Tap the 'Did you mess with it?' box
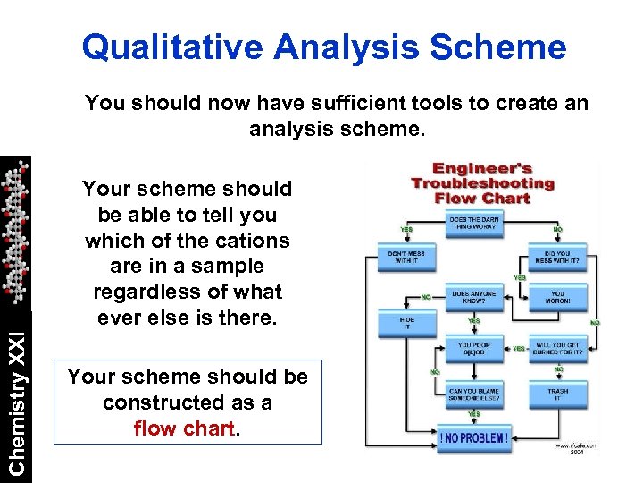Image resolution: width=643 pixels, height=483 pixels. point(558,259)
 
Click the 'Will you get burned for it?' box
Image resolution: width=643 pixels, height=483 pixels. point(558,349)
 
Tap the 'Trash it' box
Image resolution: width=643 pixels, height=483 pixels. point(558,394)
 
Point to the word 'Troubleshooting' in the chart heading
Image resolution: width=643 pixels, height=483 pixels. point(482,183)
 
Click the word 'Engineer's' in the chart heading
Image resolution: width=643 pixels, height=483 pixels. point(482,168)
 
